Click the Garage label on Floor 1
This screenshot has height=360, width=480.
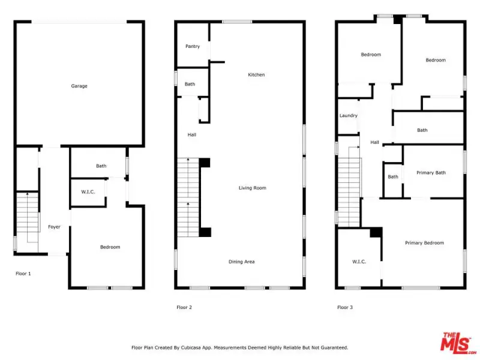(79, 86)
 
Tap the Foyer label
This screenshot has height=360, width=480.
(54, 227)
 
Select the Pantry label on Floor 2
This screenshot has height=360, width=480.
(193, 46)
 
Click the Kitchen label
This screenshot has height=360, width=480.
(256, 74)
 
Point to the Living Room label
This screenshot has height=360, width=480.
(253, 188)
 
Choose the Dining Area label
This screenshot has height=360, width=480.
(242, 262)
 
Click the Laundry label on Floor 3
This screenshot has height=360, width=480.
(349, 116)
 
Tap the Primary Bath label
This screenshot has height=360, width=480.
(431, 173)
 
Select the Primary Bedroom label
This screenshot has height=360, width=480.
(424, 243)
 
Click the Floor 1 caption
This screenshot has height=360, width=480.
(23, 274)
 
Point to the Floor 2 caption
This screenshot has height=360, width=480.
(184, 307)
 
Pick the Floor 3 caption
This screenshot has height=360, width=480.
(345, 307)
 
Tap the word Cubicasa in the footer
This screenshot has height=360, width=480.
(191, 348)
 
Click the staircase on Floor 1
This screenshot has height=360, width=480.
(28, 222)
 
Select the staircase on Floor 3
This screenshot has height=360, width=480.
(349, 187)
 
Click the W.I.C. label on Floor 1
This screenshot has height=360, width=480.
(88, 192)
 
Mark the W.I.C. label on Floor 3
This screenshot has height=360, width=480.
(359, 262)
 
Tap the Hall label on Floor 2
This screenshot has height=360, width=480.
(192, 134)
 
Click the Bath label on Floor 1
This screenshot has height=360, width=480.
(101, 166)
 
